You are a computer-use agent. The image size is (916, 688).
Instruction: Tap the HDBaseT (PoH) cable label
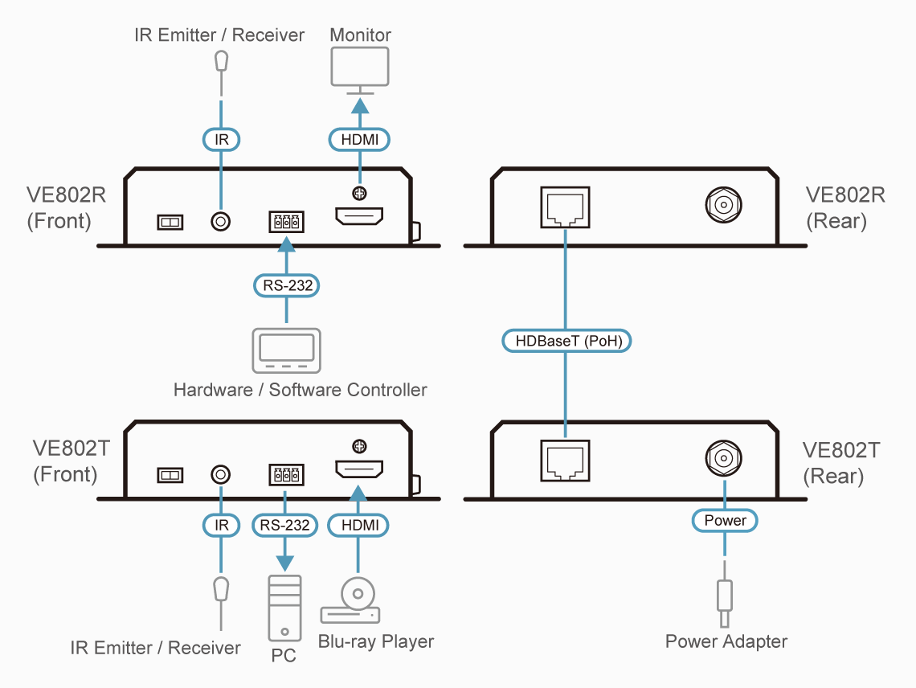[567, 341]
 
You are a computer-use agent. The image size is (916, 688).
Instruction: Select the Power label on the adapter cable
[725, 521]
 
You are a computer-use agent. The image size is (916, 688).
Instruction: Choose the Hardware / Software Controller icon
[286, 350]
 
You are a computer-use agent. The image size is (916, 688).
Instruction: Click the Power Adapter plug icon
[725, 603]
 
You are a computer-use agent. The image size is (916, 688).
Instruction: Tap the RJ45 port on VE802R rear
[567, 207]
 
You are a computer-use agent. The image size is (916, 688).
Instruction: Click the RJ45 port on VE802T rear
[567, 460]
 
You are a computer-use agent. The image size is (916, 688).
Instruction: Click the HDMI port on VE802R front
[359, 216]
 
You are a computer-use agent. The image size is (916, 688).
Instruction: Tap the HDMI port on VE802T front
[359, 470]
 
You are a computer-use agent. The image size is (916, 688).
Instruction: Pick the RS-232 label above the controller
[287, 285]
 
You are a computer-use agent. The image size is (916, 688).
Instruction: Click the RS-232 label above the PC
[284, 526]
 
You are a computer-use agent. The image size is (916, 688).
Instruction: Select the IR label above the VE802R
[221, 139]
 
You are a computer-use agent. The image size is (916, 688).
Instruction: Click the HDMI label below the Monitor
[360, 139]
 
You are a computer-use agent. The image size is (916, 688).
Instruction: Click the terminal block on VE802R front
[286, 222]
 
